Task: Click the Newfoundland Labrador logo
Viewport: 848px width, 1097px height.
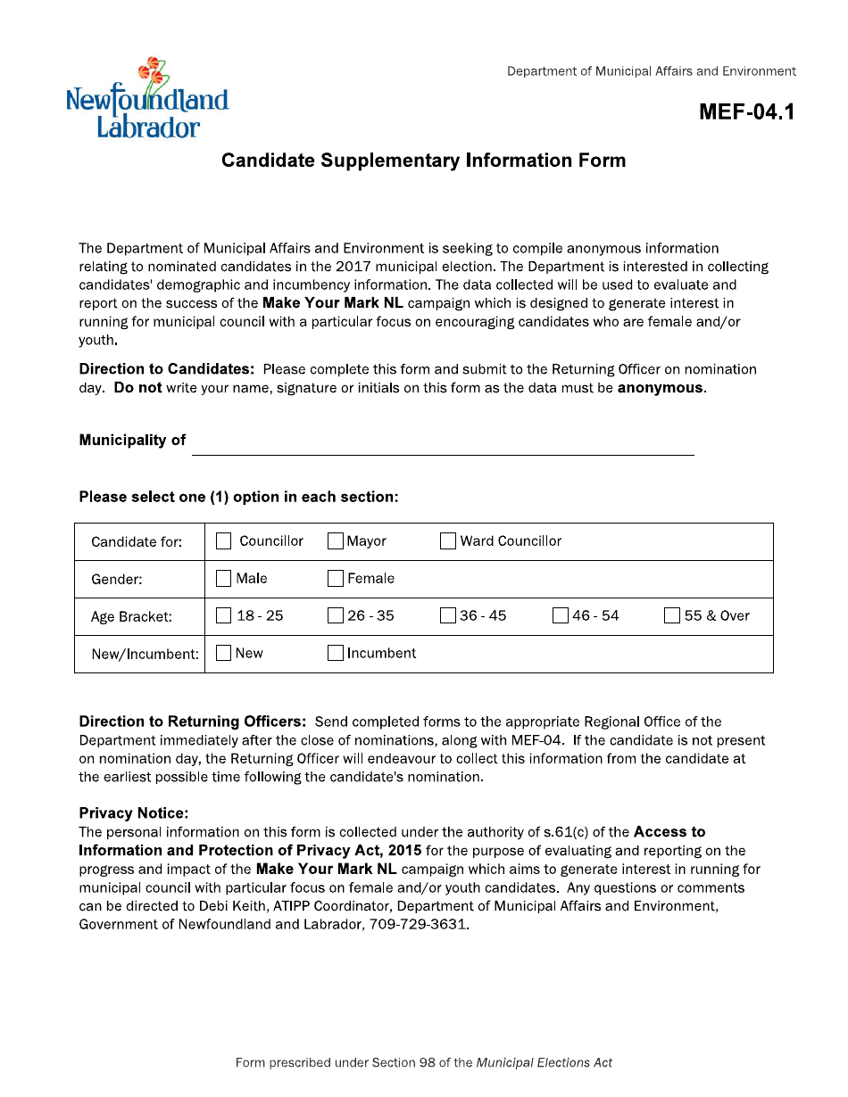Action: (x=147, y=98)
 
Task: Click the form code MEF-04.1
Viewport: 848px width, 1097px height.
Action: (x=746, y=111)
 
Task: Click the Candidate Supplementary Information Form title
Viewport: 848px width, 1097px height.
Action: (x=423, y=161)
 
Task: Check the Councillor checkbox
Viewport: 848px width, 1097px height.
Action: (x=224, y=541)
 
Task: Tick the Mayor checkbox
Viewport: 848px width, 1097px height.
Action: (x=336, y=541)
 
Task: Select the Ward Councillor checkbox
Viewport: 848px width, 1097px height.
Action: (x=448, y=541)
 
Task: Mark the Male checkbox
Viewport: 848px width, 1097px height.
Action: (x=224, y=579)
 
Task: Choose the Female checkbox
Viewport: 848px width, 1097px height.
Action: (x=336, y=579)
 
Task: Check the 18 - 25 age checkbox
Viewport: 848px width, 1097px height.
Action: (x=224, y=616)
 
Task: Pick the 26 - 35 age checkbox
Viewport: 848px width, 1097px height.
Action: (x=336, y=616)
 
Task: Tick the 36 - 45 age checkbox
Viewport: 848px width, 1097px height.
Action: (x=448, y=616)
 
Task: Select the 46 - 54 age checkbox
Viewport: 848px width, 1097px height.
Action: (x=561, y=616)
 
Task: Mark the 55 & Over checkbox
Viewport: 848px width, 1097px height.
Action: (x=672, y=616)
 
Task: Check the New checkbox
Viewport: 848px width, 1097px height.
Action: (x=224, y=654)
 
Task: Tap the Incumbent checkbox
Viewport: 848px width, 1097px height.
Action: (x=336, y=654)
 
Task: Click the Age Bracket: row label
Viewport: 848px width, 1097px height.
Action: (x=131, y=617)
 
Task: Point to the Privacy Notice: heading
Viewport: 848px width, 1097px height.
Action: (x=134, y=813)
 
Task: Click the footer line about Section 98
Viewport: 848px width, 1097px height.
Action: (x=423, y=1062)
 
